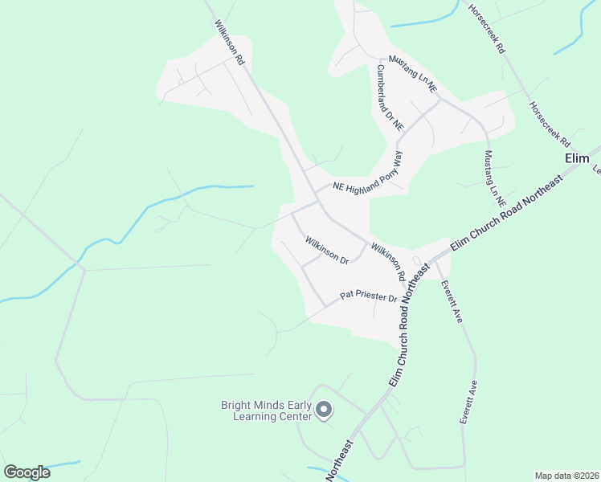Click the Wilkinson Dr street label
[326, 250]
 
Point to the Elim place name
[577, 158]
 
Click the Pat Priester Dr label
[369, 296]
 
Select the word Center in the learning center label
[293, 417]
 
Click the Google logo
[27, 472]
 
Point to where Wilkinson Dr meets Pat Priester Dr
[325, 306]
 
